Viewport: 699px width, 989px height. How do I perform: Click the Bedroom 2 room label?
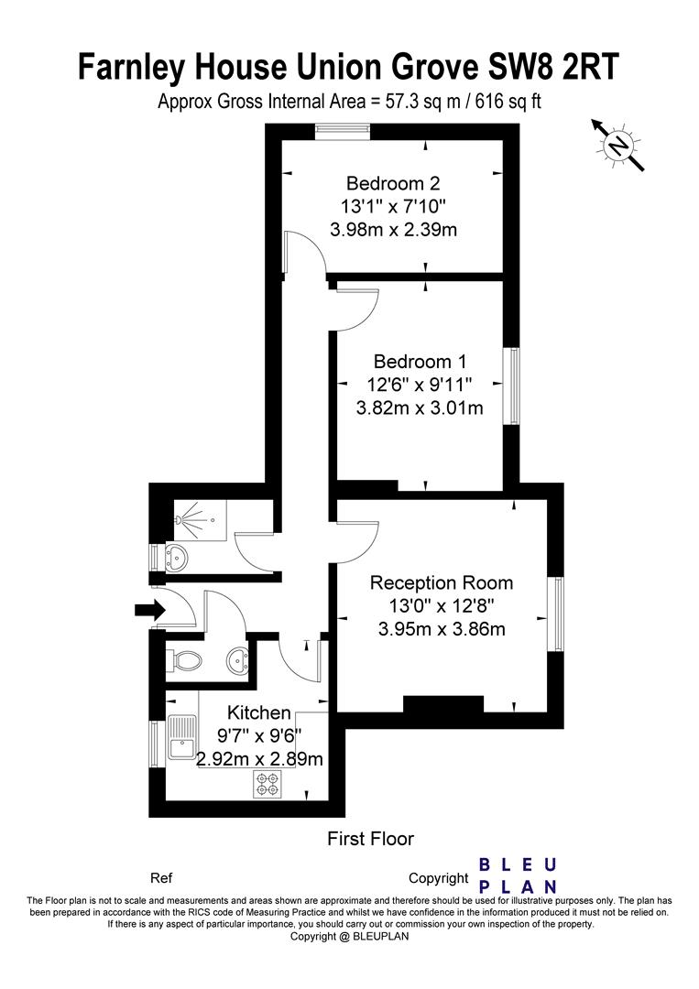pos(393,183)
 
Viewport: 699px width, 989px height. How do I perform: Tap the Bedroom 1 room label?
pos(420,362)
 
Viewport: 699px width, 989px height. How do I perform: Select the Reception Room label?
pos(442,582)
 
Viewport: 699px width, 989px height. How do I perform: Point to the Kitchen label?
pos(258,712)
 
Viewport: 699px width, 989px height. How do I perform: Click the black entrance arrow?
pos(149,610)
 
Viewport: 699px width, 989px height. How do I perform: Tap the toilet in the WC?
pos(186,661)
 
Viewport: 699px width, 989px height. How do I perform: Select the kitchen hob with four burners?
pos(267,783)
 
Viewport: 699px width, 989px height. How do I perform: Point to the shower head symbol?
pos(180,520)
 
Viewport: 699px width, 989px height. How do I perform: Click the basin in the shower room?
pos(177,557)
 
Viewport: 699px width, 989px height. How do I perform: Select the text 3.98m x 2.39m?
pos(393,230)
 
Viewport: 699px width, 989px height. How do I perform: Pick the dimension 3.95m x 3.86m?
pos(442,629)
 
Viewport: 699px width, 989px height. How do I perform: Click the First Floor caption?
pos(370,839)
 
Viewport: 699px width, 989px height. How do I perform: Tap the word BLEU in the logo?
pos(518,864)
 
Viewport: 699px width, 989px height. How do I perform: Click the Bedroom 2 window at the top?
pos(342,131)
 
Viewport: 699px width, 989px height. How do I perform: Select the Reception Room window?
pos(555,614)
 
